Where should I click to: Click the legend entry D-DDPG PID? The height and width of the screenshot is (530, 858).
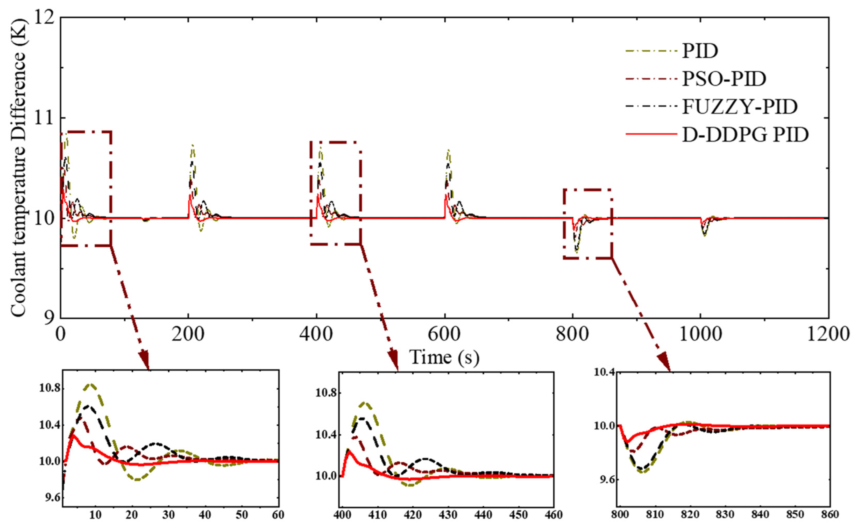745,135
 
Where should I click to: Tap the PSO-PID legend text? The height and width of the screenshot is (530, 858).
724,79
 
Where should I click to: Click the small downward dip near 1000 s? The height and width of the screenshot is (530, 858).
704,235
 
